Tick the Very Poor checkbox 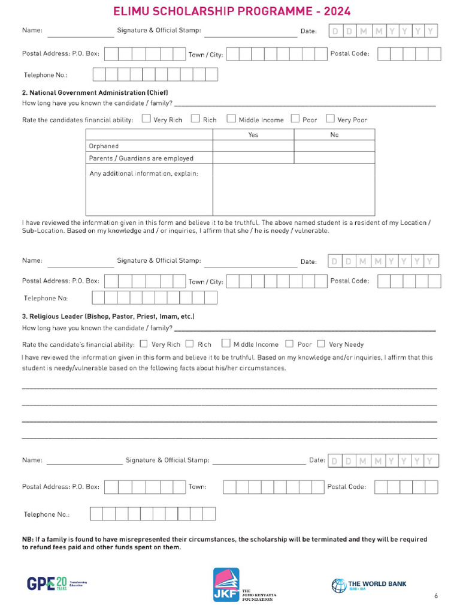[330, 119]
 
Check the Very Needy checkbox [321, 344]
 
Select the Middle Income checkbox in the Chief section [231, 119]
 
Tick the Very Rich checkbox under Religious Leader [143, 344]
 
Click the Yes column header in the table [253, 135]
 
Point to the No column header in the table [334, 135]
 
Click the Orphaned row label [104, 146]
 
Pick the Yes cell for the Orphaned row [253, 146]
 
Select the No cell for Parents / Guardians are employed [334, 158]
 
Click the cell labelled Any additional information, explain [143, 174]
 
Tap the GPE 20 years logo [56, 583]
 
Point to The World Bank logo [369, 585]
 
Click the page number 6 [436, 595]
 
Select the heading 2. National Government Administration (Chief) [95, 93]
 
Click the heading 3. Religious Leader [108, 316]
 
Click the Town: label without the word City [197, 487]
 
